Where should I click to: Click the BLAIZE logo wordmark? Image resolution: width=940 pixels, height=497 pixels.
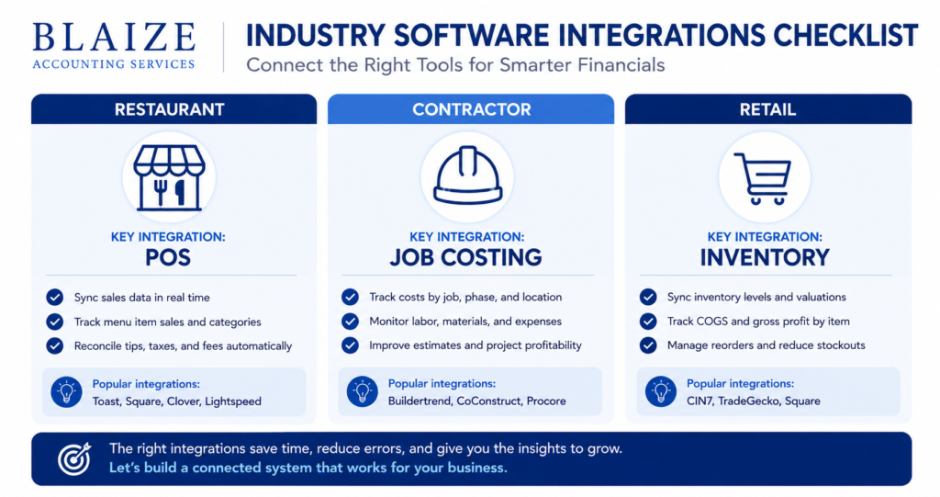tap(114, 38)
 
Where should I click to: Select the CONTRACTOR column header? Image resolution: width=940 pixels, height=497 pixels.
tap(471, 109)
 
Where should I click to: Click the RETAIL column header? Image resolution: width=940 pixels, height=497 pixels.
tap(768, 109)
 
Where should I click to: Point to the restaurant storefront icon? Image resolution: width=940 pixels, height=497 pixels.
tap(169, 177)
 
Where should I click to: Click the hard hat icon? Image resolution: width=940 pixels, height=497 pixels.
tap(467, 175)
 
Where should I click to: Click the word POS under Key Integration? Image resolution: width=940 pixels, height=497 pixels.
tap(168, 257)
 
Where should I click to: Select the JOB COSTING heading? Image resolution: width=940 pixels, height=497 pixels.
tap(465, 257)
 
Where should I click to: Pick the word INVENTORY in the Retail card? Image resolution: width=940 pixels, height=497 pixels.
tap(765, 257)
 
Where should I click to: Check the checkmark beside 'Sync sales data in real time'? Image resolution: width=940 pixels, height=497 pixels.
tap(54, 297)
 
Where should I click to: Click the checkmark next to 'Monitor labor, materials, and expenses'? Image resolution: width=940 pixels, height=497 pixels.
tap(350, 322)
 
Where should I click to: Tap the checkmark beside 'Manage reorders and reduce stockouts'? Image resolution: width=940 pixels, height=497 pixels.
tap(648, 345)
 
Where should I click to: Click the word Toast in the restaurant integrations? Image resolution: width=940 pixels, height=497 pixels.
tap(106, 401)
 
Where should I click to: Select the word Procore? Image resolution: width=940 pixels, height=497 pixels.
tap(546, 401)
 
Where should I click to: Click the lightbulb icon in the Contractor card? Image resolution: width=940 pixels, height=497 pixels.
tap(362, 392)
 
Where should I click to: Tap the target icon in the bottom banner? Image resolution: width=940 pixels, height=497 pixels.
tap(74, 458)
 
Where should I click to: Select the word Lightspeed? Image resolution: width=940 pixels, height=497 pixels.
tap(233, 401)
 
